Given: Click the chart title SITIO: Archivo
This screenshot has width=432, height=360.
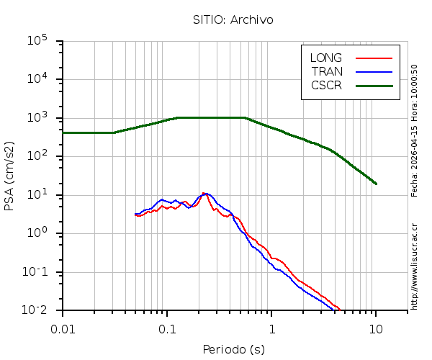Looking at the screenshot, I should pyautogui.click(x=233, y=19).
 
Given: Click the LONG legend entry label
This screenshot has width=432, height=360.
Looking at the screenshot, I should pyautogui.click(x=326, y=58).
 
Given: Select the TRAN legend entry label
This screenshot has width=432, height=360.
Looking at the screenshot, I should pyautogui.click(x=327, y=71).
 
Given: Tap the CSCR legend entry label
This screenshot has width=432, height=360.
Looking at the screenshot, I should pyautogui.click(x=326, y=85).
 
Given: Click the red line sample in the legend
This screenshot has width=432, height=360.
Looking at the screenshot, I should pyautogui.click(x=374, y=58).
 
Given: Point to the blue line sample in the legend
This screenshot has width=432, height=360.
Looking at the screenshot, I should pyautogui.click(x=374, y=71).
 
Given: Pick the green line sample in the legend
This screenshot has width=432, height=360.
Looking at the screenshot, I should pyautogui.click(x=374, y=85).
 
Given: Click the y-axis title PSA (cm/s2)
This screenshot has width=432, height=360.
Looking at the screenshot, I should pyautogui.click(x=9, y=176).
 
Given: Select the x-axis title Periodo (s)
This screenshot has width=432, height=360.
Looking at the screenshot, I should pyautogui.click(x=233, y=350).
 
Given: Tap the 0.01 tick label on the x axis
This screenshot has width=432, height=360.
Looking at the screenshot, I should pyautogui.click(x=63, y=328).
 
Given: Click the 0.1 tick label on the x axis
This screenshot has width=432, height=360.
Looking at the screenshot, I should pyautogui.click(x=167, y=328).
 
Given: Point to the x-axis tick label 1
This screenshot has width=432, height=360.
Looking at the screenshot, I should pyautogui.click(x=271, y=328).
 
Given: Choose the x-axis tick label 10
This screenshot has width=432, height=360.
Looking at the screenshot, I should pyautogui.click(x=376, y=328).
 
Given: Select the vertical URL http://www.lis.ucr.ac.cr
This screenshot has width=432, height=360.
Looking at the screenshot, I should pyautogui.click(x=414, y=266).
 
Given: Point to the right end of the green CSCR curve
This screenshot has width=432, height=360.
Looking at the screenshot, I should pyautogui.click(x=376, y=184).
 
